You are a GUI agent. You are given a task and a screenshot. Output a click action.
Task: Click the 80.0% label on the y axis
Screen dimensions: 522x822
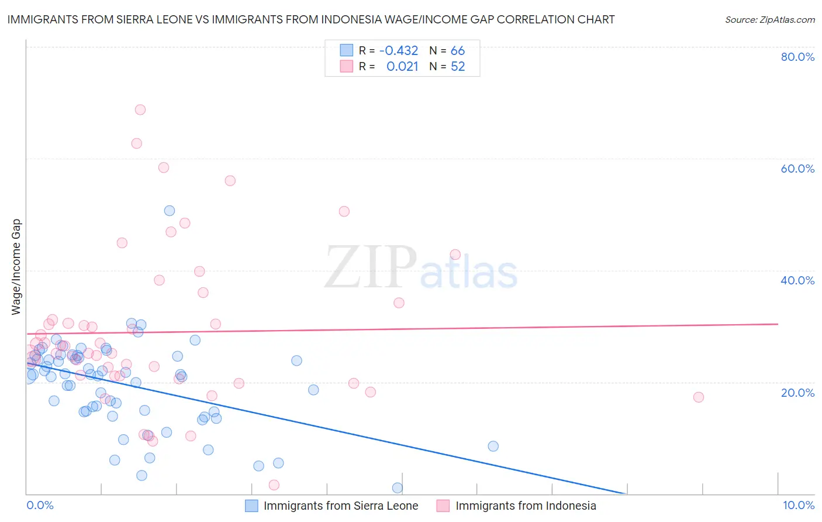pos(797,57)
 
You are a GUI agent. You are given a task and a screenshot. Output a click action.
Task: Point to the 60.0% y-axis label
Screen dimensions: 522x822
pos(797,169)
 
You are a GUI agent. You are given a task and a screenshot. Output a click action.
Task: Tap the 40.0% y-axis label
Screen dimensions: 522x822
pos(797,280)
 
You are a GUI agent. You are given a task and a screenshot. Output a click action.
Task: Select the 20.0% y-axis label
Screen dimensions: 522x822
pos(797,392)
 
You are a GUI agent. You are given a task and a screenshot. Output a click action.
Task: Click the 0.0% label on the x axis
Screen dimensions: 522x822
pos(40,505)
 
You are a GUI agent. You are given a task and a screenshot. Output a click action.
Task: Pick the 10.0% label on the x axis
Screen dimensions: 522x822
pos(798,505)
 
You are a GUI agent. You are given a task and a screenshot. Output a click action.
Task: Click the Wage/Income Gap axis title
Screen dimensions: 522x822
pos(16,267)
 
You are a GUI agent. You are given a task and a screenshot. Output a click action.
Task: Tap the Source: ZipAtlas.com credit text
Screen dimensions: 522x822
pos(769,20)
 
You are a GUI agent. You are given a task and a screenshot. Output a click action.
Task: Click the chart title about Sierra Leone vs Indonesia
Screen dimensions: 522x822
pos(311,19)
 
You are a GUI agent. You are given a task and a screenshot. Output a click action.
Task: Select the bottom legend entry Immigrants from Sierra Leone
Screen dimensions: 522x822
pos(341,506)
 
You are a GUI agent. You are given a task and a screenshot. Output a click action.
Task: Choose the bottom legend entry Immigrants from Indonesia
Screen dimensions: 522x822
pos(526,506)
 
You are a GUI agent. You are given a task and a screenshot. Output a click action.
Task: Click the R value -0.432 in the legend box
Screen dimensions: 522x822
pos(399,51)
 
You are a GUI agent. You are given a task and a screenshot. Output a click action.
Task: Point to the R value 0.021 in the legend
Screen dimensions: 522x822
pos(402,67)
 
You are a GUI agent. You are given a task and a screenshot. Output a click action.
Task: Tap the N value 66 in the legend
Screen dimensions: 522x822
pos(458,51)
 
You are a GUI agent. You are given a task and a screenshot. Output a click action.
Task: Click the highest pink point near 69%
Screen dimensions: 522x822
pos(140,109)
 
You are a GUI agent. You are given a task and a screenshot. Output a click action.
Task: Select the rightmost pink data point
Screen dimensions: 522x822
pos(698,397)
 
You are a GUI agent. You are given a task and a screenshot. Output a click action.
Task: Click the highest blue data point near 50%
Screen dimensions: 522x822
pos(170,211)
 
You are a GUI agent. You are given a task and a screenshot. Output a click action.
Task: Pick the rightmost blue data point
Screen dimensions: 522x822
pos(493,446)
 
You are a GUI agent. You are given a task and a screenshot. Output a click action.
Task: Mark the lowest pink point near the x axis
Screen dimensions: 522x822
pos(274,485)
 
